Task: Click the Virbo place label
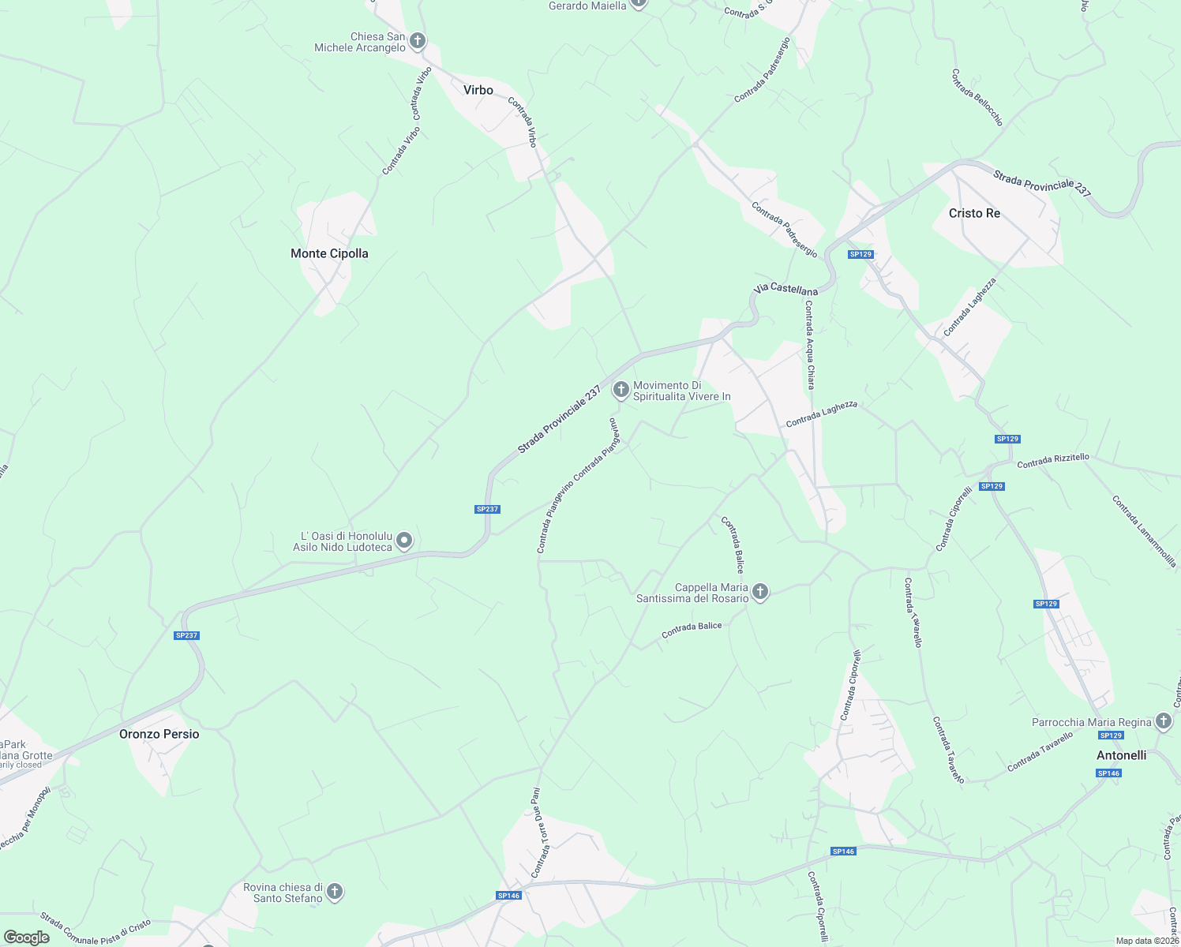478,90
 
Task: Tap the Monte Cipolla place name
329,253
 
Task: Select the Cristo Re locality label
974,213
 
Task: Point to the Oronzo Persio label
159,734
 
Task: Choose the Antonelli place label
1121,755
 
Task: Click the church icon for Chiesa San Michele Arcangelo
418,41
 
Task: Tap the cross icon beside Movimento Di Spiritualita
620,389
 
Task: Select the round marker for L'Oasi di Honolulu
404,541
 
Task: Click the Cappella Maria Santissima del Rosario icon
760,592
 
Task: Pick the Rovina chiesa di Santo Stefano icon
335,892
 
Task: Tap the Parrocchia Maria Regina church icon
1163,721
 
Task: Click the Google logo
27,938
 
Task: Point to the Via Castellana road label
785,290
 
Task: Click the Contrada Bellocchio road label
977,98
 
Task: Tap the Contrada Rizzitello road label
1053,461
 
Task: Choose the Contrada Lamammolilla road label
1144,531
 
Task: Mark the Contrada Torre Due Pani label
536,833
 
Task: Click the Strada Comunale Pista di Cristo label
95,929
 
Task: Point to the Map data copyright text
1146,941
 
